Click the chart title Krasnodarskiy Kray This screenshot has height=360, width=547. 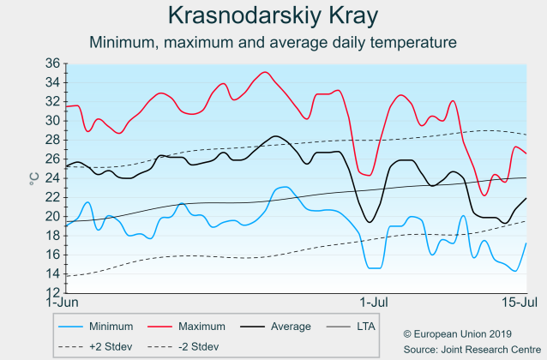pyautogui.click(x=273, y=16)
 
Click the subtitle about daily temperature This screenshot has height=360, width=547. pyautogui.click(x=273, y=42)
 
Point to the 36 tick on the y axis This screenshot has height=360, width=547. pyautogui.click(x=52, y=63)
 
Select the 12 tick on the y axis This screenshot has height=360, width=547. pyautogui.click(x=52, y=292)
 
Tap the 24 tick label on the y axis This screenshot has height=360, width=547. pyautogui.click(x=52, y=178)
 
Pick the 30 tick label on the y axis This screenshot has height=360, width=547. pyautogui.click(x=52, y=121)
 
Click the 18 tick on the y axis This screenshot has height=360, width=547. pyautogui.click(x=52, y=236)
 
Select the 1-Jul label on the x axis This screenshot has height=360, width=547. pyautogui.click(x=375, y=303)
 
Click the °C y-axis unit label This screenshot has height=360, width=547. pyautogui.click(x=33, y=178)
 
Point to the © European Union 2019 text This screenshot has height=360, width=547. pyautogui.click(x=457, y=333)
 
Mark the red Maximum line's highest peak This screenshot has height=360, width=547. pyautogui.click(x=265, y=72)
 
